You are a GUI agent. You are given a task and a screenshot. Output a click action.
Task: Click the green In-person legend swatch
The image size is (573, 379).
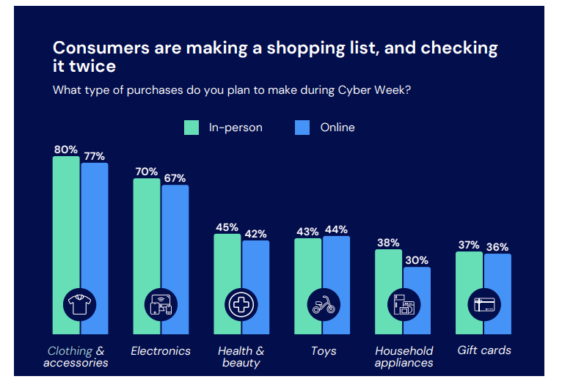pyautogui.click(x=191, y=128)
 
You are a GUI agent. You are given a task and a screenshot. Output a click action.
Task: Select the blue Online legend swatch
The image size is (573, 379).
pyautogui.click(x=302, y=128)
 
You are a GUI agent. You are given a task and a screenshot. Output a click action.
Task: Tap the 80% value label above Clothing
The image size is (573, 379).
pyautogui.click(x=66, y=149)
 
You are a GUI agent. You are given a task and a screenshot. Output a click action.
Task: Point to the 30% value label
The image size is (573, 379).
pyautogui.click(x=416, y=260)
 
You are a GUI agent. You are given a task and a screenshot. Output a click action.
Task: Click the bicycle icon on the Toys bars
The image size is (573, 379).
pyautogui.click(x=323, y=303)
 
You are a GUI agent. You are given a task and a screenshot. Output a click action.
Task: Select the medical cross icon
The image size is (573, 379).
pyautogui.click(x=241, y=303)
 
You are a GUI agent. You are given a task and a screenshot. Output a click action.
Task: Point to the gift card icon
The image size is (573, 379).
pyautogui.click(x=483, y=303)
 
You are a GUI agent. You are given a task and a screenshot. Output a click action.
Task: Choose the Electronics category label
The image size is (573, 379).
pyautogui.click(x=161, y=350)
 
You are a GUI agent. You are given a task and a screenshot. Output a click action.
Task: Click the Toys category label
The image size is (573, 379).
pyautogui.click(x=323, y=350)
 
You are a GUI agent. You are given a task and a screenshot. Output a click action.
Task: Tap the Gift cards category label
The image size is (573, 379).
pyautogui.click(x=484, y=350)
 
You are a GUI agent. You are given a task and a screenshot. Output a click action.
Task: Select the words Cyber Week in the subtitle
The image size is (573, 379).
pyautogui.click(x=376, y=90)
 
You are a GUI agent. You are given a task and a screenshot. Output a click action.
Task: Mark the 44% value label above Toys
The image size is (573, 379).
pyautogui.click(x=336, y=229)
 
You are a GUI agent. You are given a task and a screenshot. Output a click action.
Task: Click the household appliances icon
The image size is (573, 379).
pyautogui.click(x=404, y=303)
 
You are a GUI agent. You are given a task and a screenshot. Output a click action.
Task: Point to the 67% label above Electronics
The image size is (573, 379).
pyautogui.click(x=175, y=178)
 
